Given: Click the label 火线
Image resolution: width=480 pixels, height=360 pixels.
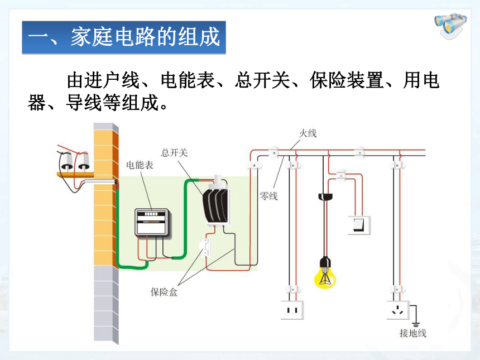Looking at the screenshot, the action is tap(308, 133).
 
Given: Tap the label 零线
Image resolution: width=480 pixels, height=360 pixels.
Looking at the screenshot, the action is tap(268, 196).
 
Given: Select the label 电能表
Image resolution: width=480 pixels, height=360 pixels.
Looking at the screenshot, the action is tap(140, 165).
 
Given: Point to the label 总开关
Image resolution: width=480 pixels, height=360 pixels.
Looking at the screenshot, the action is tap(174, 152).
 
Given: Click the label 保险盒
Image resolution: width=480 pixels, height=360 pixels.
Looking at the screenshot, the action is tap(164, 292).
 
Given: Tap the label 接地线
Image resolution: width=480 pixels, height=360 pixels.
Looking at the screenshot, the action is tap(412, 333).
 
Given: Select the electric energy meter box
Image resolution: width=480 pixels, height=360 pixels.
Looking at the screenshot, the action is tap(152, 222).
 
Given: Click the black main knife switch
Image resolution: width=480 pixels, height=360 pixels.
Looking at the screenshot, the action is tap(215, 204).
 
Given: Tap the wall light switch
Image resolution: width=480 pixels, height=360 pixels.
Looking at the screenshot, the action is tap(359, 225).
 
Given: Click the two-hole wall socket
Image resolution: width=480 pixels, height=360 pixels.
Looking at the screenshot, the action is tap(292, 310).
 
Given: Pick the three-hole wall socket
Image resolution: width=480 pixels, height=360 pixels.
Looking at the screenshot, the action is tap(397, 310).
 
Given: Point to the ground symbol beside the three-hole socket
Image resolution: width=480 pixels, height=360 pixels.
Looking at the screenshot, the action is tap(415, 324).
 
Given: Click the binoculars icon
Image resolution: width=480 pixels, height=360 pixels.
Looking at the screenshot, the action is tap(450, 26).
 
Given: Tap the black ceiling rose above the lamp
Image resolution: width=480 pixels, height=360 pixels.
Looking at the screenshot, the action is tap(325, 196).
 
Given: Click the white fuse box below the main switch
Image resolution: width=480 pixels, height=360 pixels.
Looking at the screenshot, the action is tap(205, 247).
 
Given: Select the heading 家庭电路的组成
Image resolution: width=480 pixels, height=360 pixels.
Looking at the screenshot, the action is tap(145, 37).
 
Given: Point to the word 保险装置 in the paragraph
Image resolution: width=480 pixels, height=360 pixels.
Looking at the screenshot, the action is tap(347, 80).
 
